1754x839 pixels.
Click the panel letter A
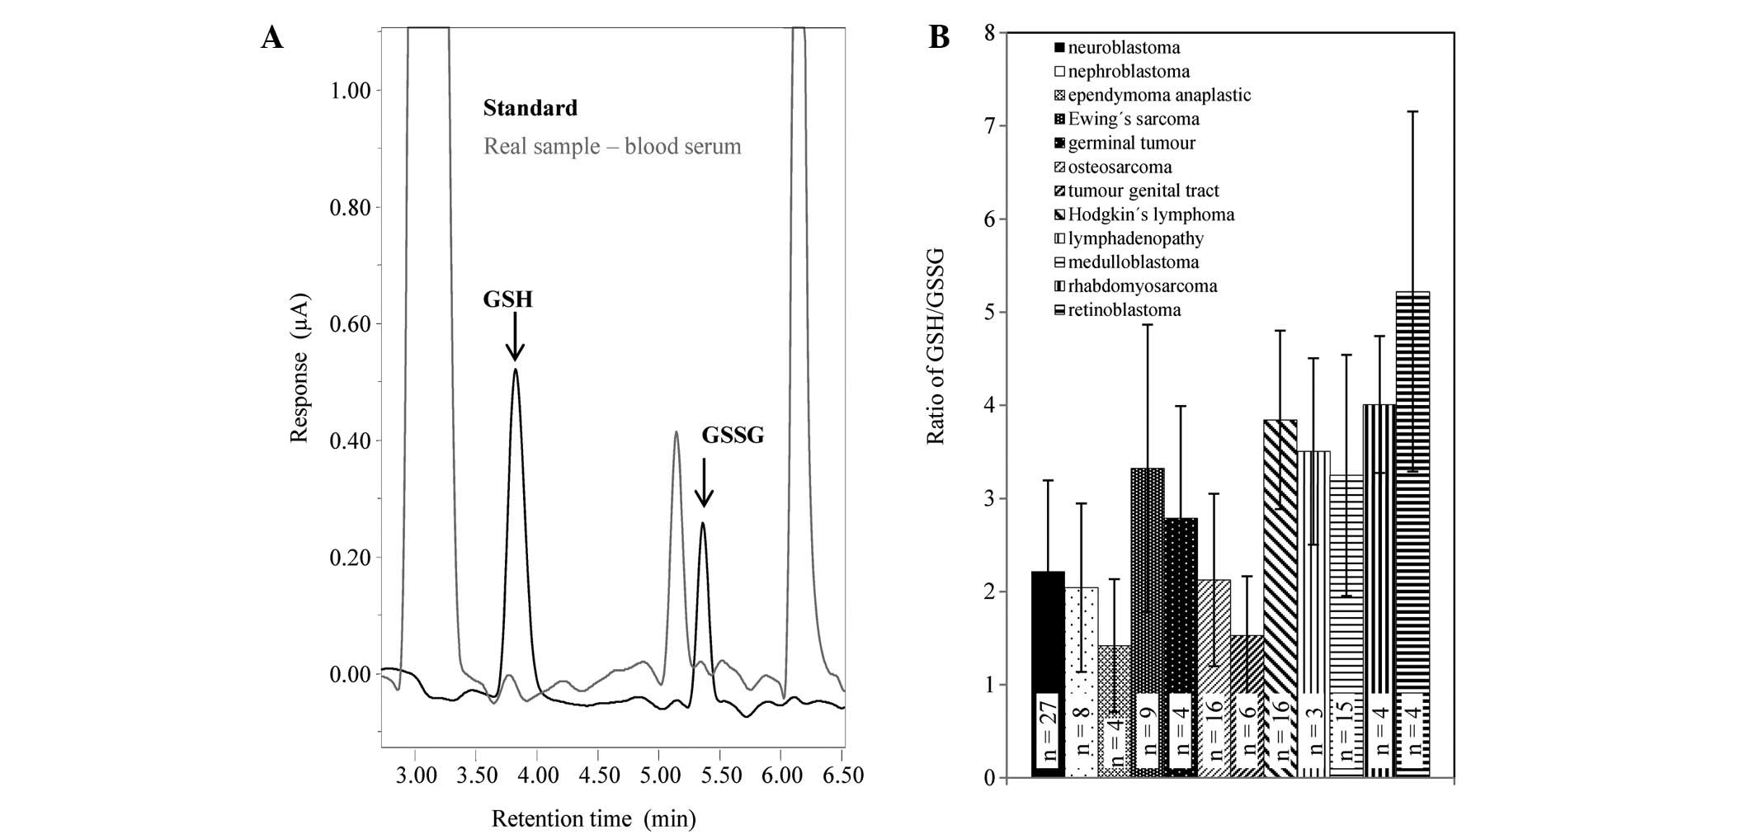[x=272, y=38]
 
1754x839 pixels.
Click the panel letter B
[x=939, y=38]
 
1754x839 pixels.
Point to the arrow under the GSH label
[x=515, y=337]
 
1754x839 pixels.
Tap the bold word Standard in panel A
[x=530, y=108]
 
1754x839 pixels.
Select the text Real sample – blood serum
[x=612, y=147]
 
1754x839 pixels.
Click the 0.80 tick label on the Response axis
[x=351, y=207]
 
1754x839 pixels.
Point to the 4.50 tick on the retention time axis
[x=598, y=776]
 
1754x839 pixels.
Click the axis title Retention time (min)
[x=593, y=819]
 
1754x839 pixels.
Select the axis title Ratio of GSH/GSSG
[x=936, y=346]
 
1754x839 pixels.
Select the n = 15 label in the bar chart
[x=1346, y=730]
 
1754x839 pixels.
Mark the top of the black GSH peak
[x=516, y=370]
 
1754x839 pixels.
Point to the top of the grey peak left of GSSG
[x=676, y=431]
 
